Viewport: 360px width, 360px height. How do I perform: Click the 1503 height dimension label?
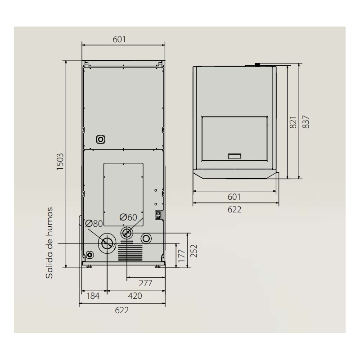click(x=60, y=162)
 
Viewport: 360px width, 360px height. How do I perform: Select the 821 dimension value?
click(x=293, y=122)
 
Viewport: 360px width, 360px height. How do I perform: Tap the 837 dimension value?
click(x=306, y=122)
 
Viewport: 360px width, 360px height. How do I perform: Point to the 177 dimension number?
click(x=182, y=256)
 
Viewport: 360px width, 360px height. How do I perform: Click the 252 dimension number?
click(x=194, y=251)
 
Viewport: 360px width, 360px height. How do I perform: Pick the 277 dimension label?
click(x=145, y=283)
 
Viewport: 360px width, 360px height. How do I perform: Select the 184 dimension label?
click(x=93, y=296)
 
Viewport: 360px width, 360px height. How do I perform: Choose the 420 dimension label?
click(x=135, y=296)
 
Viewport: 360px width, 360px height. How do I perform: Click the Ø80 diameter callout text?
click(x=94, y=223)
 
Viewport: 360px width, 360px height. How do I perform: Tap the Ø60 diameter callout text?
click(x=128, y=217)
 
